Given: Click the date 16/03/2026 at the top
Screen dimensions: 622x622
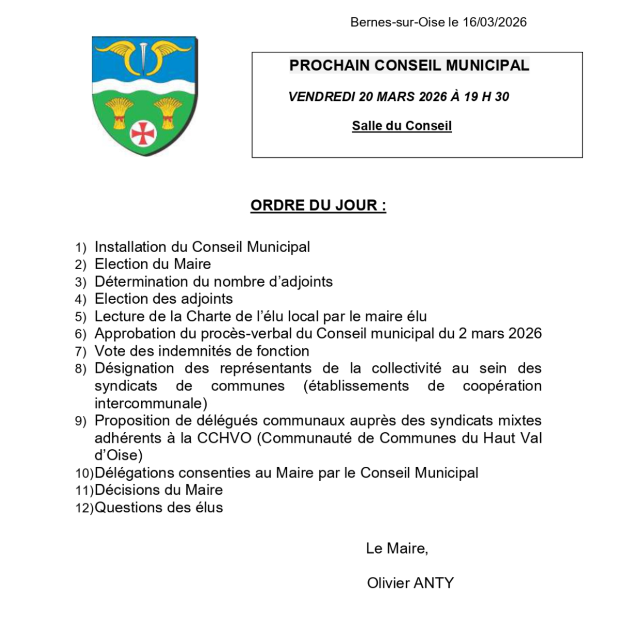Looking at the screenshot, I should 495,22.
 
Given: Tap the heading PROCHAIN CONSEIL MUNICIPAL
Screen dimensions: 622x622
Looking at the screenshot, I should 409,66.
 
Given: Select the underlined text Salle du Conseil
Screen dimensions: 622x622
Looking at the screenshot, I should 402,126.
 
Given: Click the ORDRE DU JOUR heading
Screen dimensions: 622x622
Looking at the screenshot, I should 318,205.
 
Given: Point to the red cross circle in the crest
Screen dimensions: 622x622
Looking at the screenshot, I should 143,134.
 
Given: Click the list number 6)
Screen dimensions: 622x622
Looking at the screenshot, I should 80,334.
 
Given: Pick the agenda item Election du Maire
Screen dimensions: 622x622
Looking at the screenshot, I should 153,264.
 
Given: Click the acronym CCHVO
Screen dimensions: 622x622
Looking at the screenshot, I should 224,438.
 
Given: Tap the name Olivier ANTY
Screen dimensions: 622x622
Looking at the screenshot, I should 410,583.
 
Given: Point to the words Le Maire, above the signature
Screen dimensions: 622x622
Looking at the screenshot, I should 396,549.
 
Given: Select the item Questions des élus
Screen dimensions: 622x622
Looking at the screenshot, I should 159,508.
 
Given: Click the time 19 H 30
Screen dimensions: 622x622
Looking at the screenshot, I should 486,97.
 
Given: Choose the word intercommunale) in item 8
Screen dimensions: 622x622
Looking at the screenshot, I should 151,403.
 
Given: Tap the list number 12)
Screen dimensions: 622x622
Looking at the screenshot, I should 84,508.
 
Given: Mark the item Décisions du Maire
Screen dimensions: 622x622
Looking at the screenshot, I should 159,490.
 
